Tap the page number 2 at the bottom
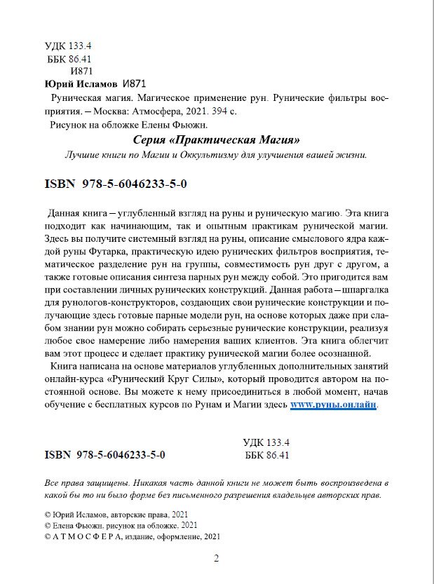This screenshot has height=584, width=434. [217, 558]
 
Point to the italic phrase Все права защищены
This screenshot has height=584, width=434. [86, 484]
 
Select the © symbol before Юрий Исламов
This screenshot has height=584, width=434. [47, 515]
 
